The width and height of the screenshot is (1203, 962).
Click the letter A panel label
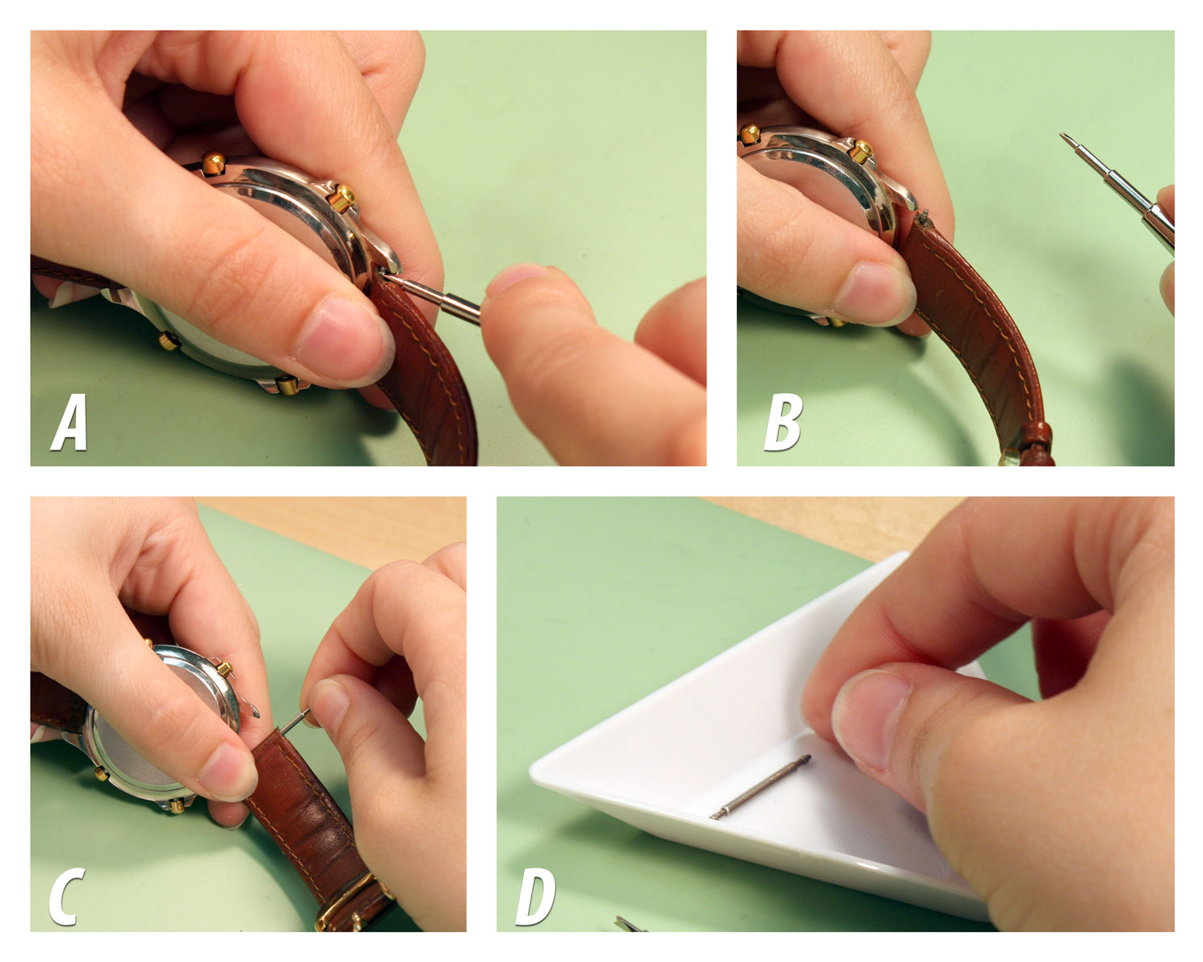tap(69, 423)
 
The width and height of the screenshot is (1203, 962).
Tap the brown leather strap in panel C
tap(311, 815)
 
